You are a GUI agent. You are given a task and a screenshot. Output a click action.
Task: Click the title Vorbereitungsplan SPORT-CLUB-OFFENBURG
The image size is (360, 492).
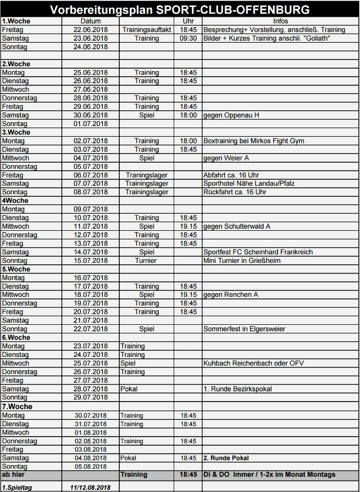(x=180, y=10)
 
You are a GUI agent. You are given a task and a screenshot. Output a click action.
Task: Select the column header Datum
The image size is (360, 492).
(x=91, y=21)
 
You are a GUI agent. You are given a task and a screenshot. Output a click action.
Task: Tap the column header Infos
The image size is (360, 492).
(x=280, y=21)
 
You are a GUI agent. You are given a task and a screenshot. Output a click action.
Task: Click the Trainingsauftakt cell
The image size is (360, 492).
(x=147, y=30)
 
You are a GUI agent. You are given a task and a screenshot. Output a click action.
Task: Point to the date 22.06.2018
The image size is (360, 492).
(x=91, y=30)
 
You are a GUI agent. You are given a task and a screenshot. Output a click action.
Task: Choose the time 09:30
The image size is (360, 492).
(x=188, y=39)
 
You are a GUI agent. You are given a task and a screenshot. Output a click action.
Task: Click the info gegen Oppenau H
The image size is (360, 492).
(x=231, y=115)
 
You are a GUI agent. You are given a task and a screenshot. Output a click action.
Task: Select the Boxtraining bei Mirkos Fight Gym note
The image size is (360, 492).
(x=254, y=141)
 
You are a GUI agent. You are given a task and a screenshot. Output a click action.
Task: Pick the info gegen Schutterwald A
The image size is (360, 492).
(x=237, y=226)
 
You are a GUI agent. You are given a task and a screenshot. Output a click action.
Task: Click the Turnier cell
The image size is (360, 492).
(x=147, y=261)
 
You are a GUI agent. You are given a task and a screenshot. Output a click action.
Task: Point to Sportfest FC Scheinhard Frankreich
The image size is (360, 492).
(x=258, y=252)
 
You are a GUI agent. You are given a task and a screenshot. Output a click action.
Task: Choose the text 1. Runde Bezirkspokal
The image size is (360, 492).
(x=238, y=389)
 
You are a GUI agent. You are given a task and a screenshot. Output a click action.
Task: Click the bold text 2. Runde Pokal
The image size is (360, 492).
(x=226, y=458)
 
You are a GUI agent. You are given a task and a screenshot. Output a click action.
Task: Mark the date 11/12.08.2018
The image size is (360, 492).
(x=91, y=487)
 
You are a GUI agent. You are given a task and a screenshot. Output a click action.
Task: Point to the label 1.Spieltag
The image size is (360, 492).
(x=17, y=487)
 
